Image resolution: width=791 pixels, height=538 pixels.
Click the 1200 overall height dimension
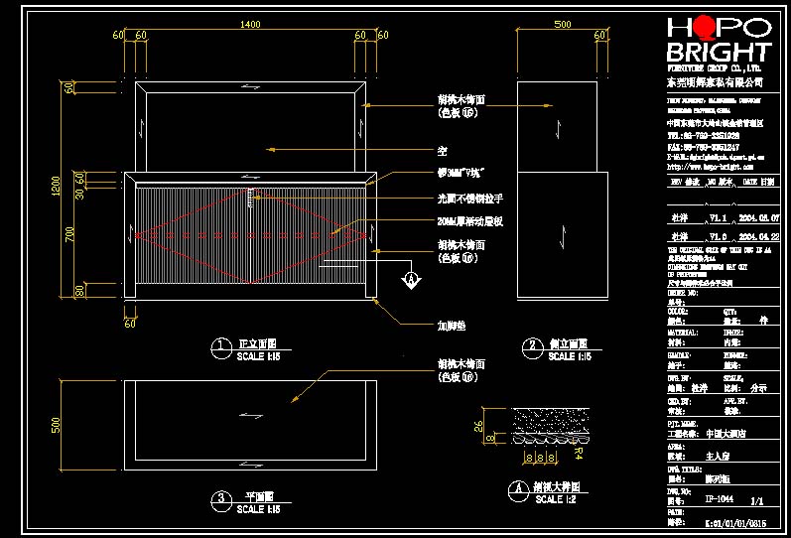(x=56, y=186)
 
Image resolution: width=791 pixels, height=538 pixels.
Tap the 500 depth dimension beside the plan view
(x=56, y=425)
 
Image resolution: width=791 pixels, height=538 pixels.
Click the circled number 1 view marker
(x=220, y=345)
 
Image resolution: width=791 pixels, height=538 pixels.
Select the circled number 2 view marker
(x=533, y=345)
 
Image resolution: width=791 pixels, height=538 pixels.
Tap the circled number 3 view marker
(x=220, y=498)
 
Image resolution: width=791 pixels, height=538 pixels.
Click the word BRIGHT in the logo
(x=719, y=53)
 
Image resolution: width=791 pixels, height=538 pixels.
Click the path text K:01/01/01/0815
(x=735, y=522)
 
